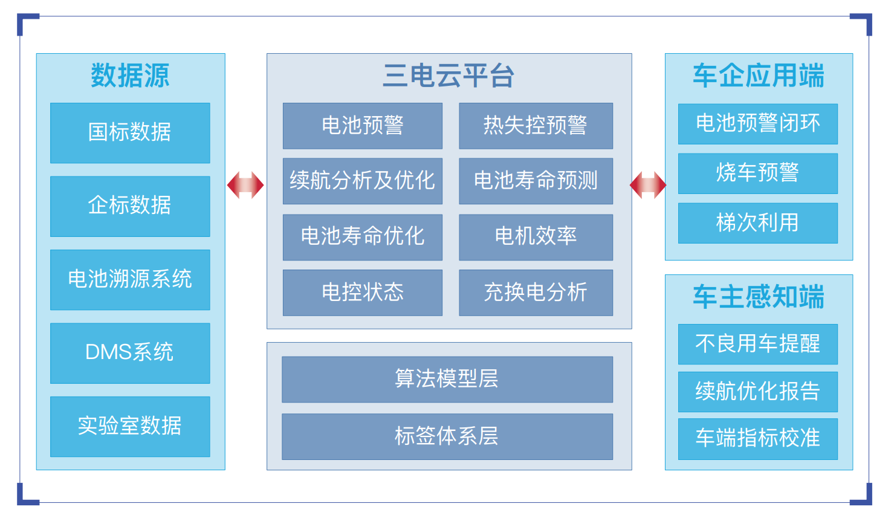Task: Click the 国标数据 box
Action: (130, 133)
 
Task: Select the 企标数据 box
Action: (130, 207)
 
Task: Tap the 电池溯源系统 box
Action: (130, 280)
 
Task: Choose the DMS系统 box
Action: (130, 353)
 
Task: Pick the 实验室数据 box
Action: (130, 427)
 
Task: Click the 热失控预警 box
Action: (536, 126)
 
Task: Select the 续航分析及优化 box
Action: (362, 181)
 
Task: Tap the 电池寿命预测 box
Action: (536, 181)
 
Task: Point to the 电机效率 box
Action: (536, 237)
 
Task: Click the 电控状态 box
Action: (362, 293)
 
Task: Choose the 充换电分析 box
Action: (536, 293)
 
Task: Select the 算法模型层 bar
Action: (447, 380)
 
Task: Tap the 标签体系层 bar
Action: (447, 436)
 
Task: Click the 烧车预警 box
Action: (758, 173)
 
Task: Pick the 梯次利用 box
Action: (758, 223)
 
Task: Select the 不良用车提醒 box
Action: (758, 344)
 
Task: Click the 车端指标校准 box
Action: (758, 439)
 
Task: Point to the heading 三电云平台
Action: (449, 76)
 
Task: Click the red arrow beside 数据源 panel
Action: (245, 185)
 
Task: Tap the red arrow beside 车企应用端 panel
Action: (648, 185)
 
